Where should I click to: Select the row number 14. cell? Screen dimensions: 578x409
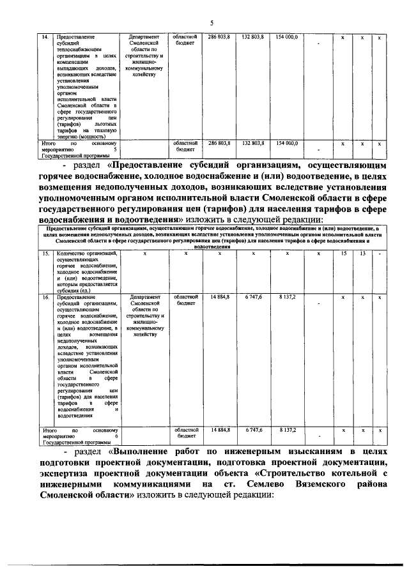[45, 38]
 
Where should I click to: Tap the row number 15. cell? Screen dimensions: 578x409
[45, 254]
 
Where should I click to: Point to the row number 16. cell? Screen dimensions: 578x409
[45, 298]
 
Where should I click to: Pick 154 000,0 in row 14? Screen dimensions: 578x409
[287, 38]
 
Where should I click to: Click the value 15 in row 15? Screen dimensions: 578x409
[344, 254]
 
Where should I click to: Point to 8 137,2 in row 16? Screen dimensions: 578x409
[287, 298]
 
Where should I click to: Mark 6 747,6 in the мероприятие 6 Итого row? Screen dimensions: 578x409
[253, 430]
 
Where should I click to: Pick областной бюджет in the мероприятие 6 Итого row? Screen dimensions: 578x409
[185, 434]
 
